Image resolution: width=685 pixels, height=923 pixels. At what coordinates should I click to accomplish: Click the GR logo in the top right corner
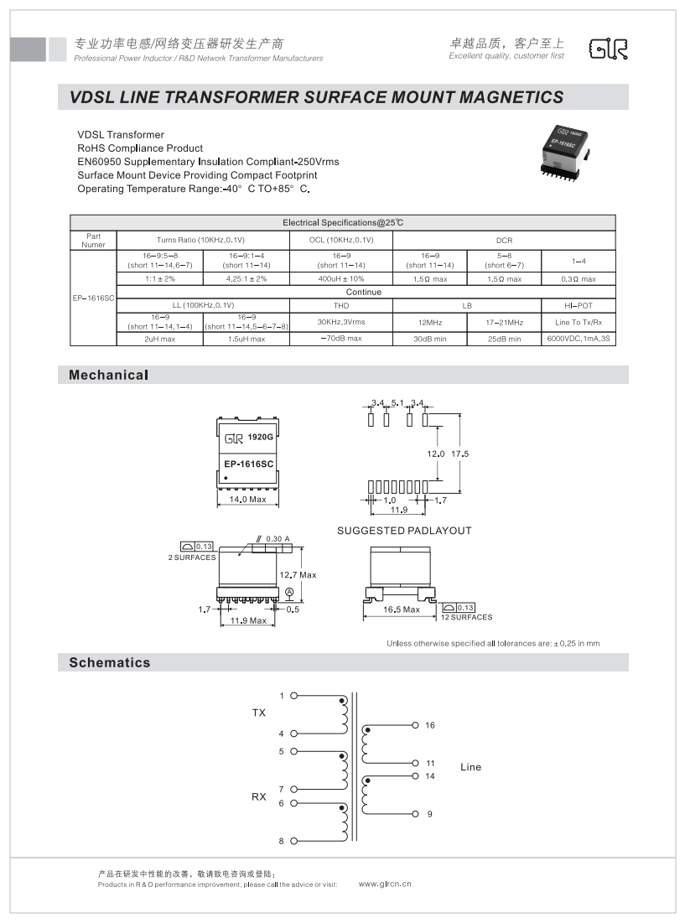tap(608, 49)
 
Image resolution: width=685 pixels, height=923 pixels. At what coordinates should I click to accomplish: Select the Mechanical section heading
tap(108, 375)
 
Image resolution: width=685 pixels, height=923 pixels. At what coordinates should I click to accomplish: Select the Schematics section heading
tap(110, 662)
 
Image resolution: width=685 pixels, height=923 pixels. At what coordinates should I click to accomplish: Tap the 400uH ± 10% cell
tap(341, 278)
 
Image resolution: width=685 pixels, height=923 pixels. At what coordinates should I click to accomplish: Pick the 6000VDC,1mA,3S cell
tap(579, 339)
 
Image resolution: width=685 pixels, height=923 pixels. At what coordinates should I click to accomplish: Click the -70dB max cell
tap(341, 339)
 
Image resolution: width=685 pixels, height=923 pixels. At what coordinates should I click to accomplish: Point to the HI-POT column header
tap(579, 305)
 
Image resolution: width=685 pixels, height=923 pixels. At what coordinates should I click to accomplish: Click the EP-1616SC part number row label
tap(92, 298)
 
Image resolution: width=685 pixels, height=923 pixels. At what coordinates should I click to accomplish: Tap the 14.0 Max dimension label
tap(247, 500)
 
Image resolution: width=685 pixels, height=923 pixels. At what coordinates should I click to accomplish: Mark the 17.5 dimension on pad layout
tap(459, 454)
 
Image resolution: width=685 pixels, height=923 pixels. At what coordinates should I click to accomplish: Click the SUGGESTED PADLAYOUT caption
tap(404, 531)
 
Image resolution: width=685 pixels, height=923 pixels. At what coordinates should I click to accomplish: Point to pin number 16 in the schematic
tap(430, 725)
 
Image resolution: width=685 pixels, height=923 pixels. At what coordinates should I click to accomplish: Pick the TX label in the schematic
tap(259, 713)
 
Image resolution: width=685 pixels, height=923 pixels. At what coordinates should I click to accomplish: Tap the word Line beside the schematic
tap(471, 767)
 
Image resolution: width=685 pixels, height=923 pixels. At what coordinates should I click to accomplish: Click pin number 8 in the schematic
tap(282, 840)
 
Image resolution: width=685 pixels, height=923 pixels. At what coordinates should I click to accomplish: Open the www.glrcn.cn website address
tap(385, 884)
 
